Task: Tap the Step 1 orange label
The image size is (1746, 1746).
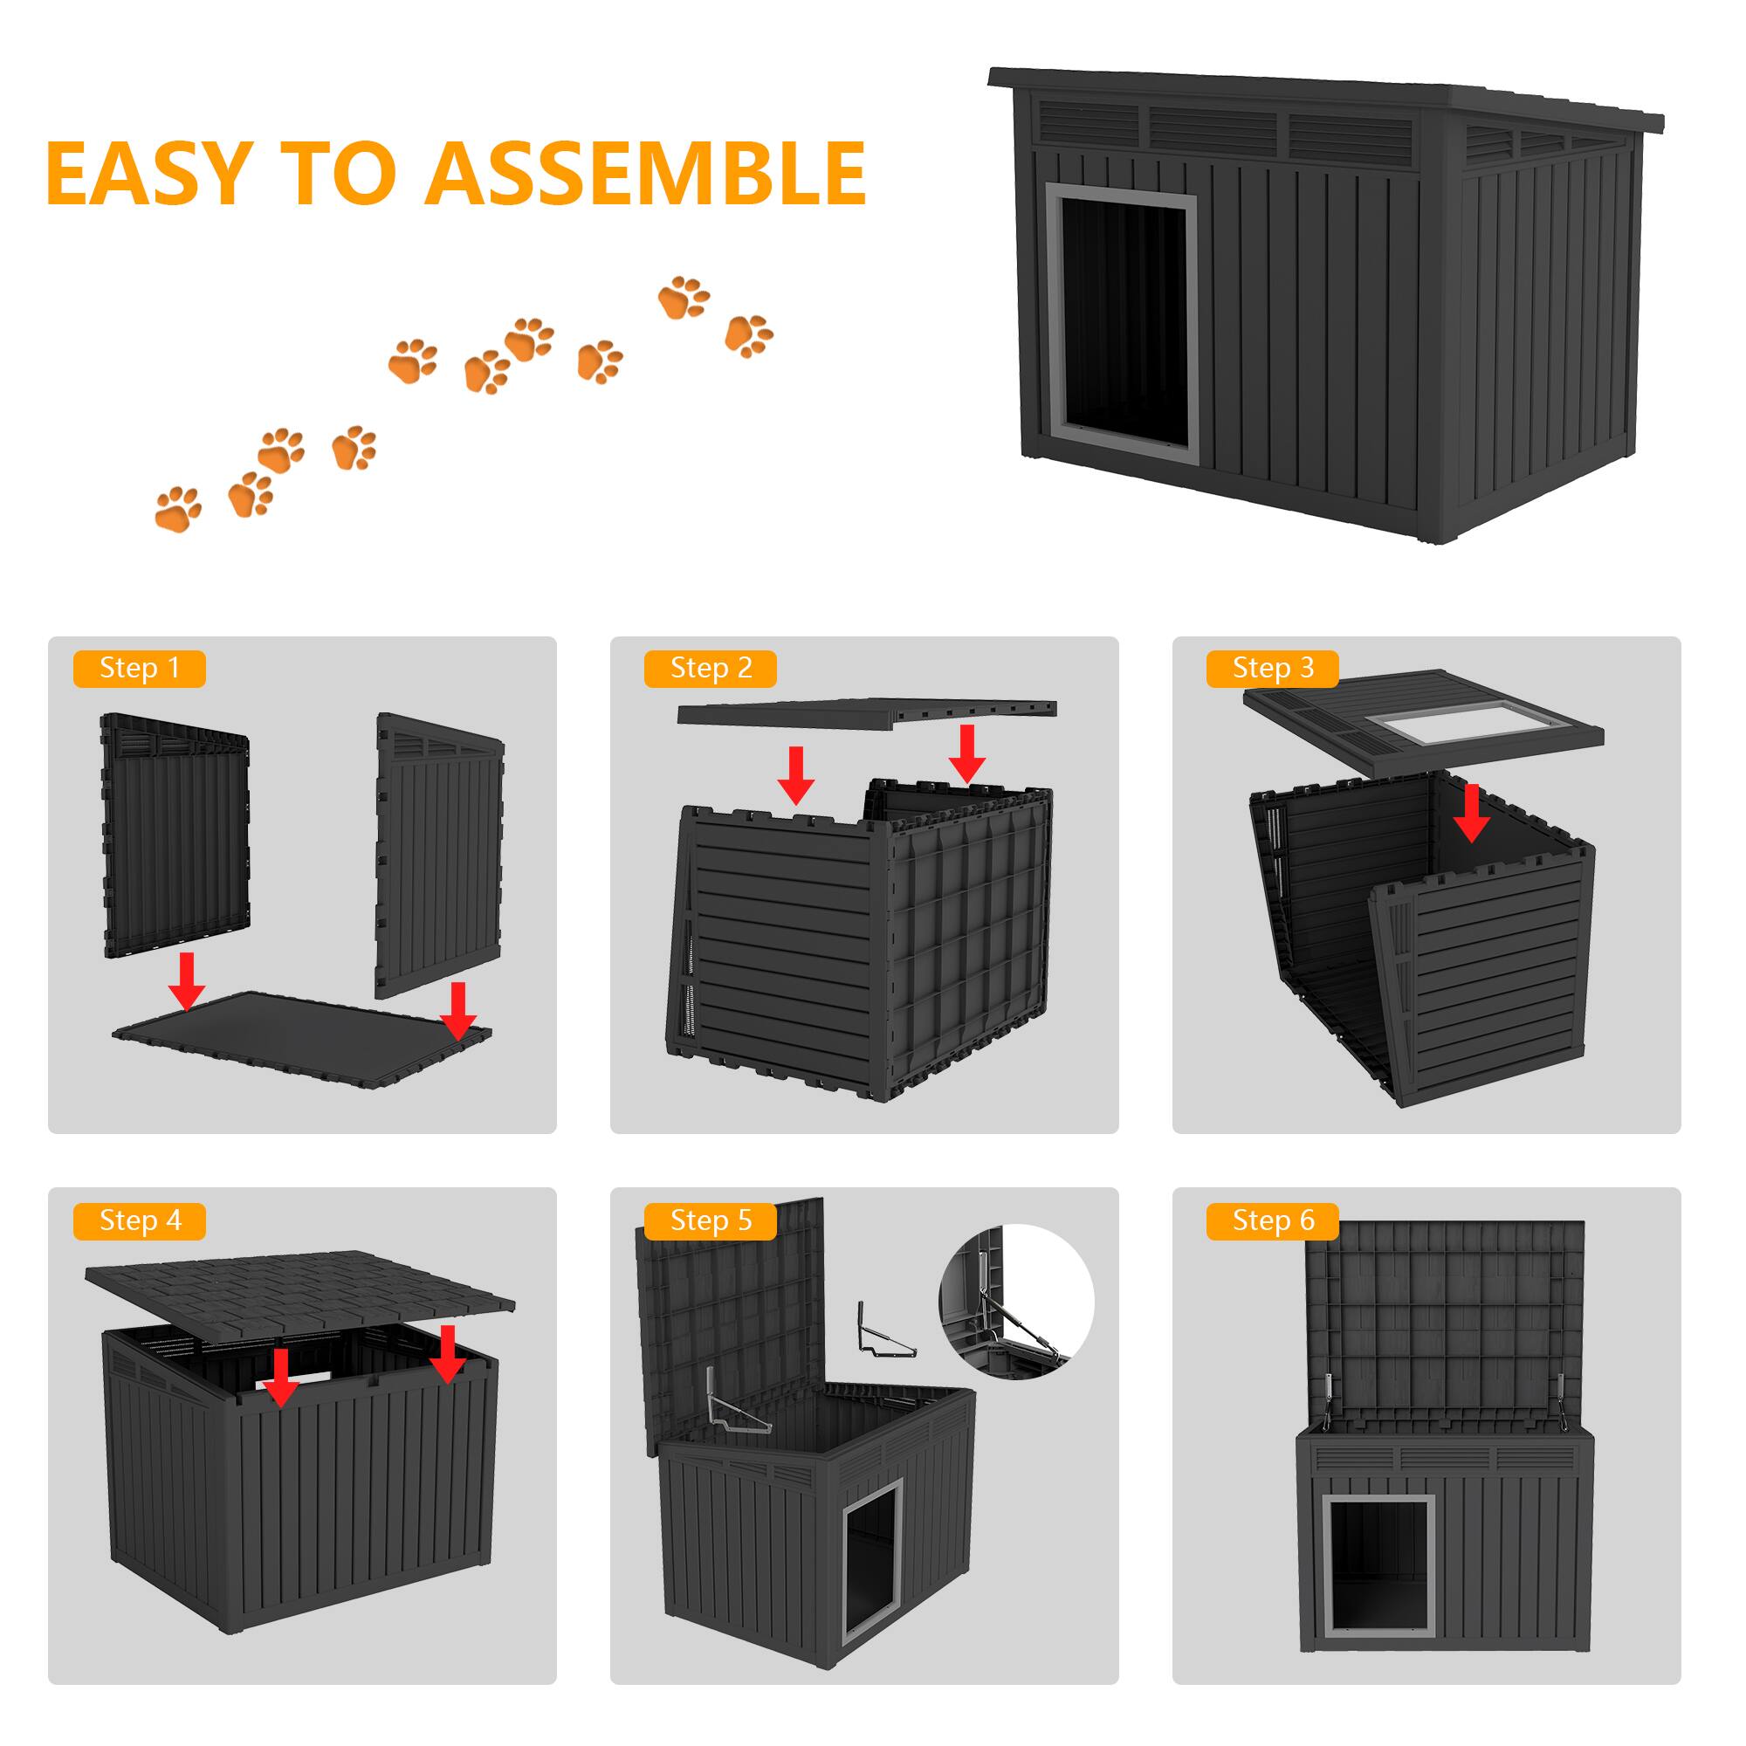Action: pyautogui.click(x=139, y=669)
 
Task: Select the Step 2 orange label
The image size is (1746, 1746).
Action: pyautogui.click(x=711, y=669)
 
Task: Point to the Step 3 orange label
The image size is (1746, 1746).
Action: pyautogui.click(x=1273, y=669)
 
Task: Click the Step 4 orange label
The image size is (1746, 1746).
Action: pyautogui.click(x=139, y=1221)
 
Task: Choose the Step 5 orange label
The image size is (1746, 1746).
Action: pyautogui.click(x=711, y=1221)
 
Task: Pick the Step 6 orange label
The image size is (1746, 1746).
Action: pyautogui.click(x=1273, y=1221)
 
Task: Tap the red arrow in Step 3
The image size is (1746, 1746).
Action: pyautogui.click(x=1472, y=813)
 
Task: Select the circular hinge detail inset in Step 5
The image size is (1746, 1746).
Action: pyautogui.click(x=1017, y=1303)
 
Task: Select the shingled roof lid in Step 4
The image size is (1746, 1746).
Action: pyautogui.click(x=299, y=1292)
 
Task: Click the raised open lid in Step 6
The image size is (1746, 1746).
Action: pyautogui.click(x=1444, y=1319)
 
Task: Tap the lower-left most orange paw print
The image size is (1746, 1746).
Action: pyautogui.click(x=178, y=509)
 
